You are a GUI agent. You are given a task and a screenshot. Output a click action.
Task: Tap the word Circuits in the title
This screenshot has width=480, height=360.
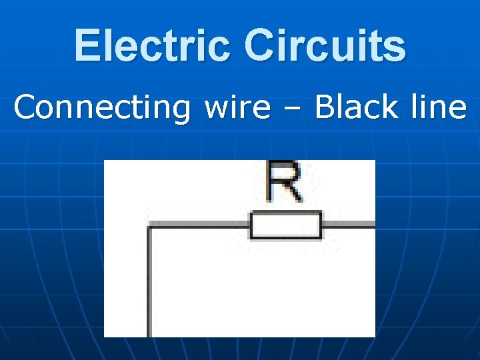(x=325, y=45)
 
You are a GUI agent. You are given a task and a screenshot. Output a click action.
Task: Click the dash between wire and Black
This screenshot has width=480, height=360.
(x=293, y=109)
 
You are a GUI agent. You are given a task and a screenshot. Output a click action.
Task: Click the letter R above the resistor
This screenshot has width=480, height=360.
(x=283, y=181)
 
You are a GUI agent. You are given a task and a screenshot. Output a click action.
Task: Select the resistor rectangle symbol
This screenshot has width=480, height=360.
(x=285, y=226)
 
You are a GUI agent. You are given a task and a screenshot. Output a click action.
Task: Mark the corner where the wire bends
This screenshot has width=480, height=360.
(x=149, y=227)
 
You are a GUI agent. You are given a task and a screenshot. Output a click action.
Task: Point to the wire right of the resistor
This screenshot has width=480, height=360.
(x=348, y=226)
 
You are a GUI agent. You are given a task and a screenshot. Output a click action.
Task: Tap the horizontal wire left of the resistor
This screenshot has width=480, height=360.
(x=200, y=226)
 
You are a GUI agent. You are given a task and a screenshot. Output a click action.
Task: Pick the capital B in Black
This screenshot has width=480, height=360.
(x=325, y=107)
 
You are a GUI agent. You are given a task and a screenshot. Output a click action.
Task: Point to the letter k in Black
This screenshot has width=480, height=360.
(x=389, y=107)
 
